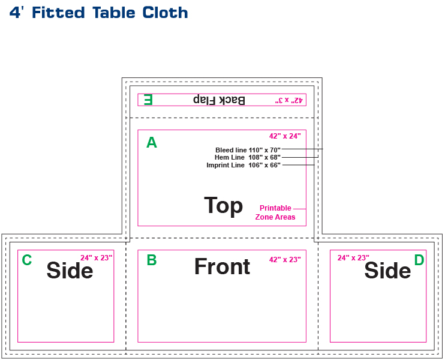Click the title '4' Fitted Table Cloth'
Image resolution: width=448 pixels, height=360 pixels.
[99, 13]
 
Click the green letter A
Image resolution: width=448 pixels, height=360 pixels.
[152, 142]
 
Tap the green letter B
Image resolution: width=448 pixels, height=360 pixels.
[152, 260]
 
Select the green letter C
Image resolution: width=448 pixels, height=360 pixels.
[26, 260]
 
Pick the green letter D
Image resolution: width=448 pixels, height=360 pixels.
[419, 260]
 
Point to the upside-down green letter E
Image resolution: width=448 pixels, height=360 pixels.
[148, 100]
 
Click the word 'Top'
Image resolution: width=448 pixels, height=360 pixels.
[223, 205]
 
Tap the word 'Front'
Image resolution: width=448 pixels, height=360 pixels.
[222, 267]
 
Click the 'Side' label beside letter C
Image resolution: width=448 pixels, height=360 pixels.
[70, 271]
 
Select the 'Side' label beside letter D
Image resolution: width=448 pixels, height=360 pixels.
[387, 271]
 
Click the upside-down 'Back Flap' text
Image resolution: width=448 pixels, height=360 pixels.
[219, 100]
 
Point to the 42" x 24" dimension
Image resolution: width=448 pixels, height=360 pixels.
[285, 136]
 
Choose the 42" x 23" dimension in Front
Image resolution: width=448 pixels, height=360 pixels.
[285, 259]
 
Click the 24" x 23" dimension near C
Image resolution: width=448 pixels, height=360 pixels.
[97, 258]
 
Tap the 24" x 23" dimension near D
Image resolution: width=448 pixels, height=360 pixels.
[353, 258]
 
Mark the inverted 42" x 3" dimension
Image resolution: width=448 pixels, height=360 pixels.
[289, 100]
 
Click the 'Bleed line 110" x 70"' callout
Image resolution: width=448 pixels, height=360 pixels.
[248, 149]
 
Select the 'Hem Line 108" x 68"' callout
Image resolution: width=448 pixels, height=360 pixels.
[247, 157]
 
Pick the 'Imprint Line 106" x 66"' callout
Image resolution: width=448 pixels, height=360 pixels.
[243, 165]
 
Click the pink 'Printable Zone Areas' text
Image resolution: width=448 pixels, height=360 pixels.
[275, 212]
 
